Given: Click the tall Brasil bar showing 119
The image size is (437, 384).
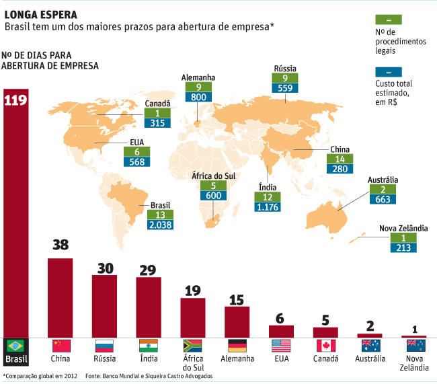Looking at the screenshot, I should coord(15,215).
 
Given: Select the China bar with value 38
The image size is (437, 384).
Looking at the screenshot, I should coord(60,296).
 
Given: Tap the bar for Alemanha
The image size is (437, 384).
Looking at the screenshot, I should coord(237,321).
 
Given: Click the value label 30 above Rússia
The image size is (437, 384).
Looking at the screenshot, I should coord(104,267).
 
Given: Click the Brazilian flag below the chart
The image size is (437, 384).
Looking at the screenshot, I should coord(15,346).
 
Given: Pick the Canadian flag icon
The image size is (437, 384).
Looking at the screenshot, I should coord(325,346).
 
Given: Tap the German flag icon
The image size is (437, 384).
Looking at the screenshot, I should coord(237,346).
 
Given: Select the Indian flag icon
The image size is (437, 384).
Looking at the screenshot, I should coord(149,346).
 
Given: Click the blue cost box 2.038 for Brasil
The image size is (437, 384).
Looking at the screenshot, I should coord(161,225).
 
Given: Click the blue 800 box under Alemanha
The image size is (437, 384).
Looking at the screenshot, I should coord(199,97).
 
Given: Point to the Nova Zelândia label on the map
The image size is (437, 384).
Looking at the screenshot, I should coord(403,229).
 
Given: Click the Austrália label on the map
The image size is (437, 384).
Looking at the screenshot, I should coord(383,180).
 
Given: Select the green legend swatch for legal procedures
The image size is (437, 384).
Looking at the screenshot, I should coord(390,19).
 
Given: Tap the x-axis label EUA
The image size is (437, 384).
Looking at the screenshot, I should coord(281,358).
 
